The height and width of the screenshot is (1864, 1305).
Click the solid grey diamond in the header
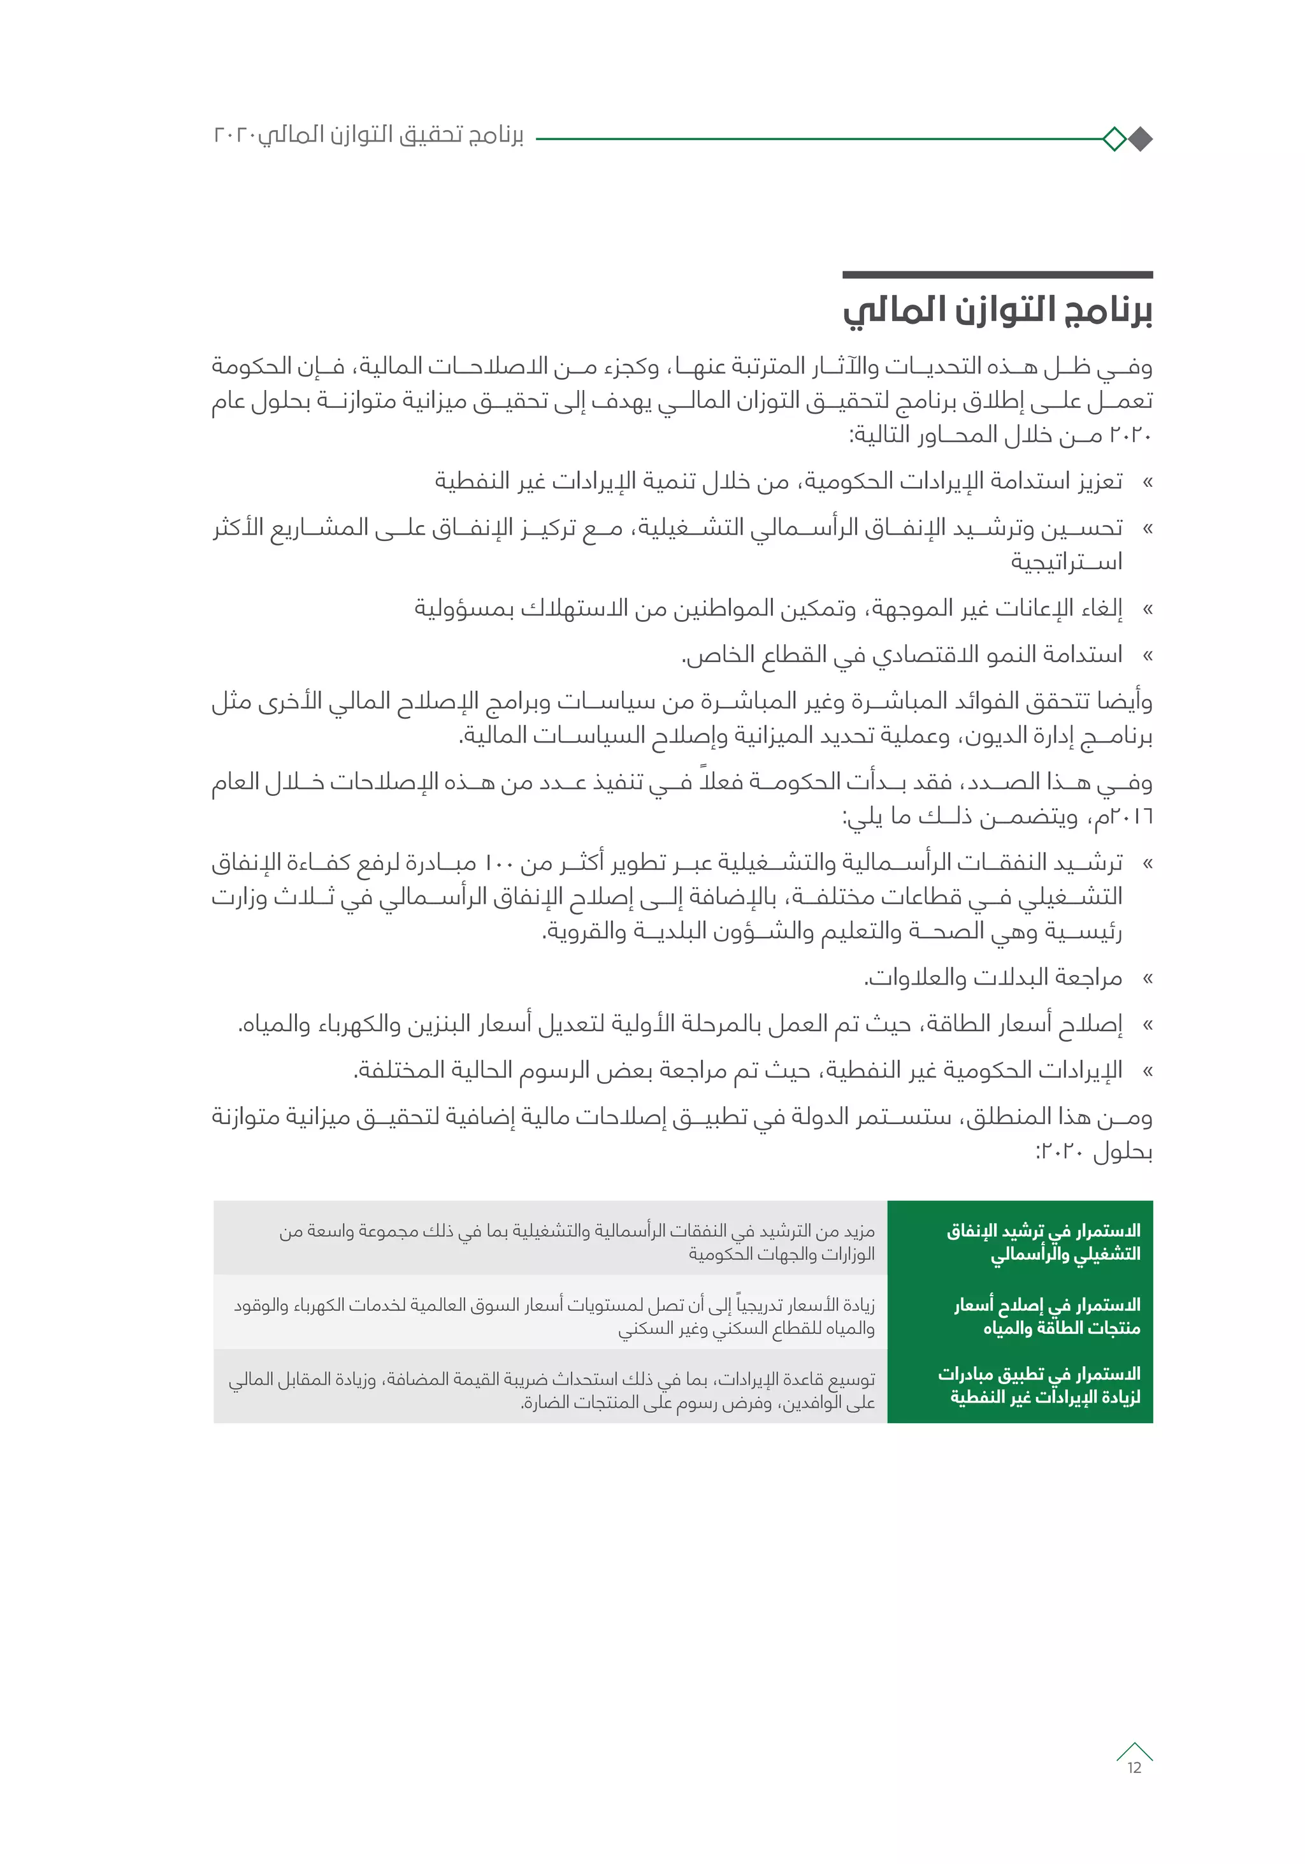click(x=1140, y=140)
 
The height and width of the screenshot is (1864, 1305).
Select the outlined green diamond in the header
click(x=1114, y=140)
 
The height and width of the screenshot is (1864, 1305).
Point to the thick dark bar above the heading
click(x=997, y=275)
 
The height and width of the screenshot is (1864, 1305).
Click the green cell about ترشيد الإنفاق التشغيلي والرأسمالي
click(x=1020, y=1242)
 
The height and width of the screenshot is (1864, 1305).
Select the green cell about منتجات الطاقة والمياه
click(x=1020, y=1316)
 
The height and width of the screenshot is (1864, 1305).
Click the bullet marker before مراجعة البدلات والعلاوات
click(x=1147, y=979)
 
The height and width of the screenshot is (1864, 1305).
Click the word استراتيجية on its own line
click(x=1065, y=562)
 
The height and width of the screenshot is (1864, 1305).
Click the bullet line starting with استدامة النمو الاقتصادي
click(x=901, y=654)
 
